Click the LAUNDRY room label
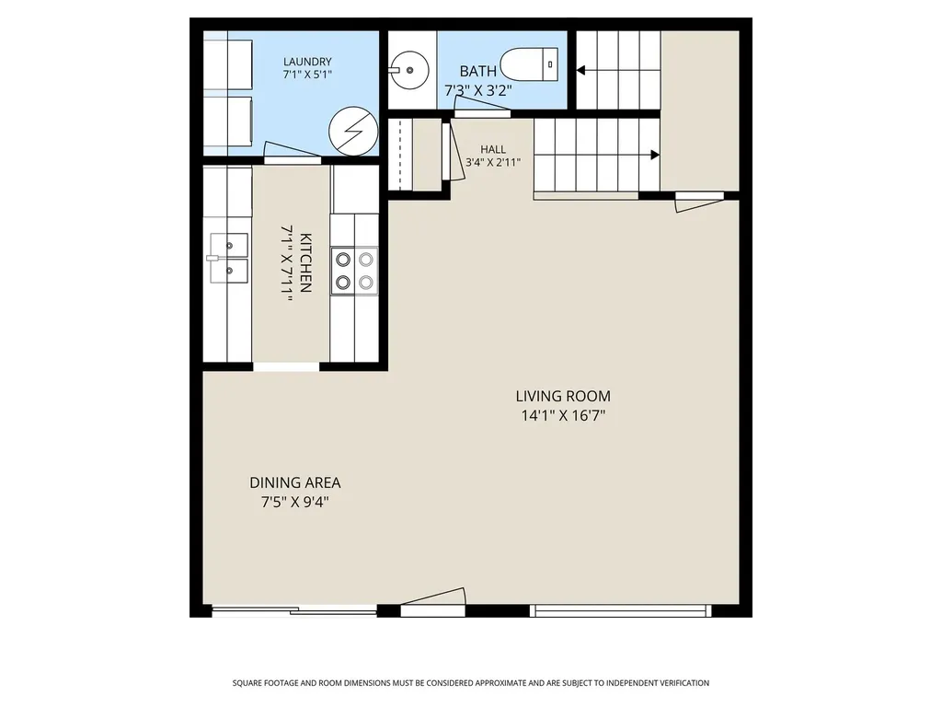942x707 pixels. pos(307,62)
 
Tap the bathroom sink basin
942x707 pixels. pos(409,70)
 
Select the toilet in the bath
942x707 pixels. pos(530,64)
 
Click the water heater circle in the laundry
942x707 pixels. pos(353,131)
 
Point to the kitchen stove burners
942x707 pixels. pos(354,271)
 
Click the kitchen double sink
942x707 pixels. pos(228,258)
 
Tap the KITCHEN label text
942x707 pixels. pos(305,262)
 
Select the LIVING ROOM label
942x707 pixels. pos(563,396)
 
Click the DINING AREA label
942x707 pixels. pos(295,482)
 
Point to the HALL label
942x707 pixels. pos(493,149)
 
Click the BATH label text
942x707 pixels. pos(478,71)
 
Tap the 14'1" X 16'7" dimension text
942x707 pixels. pos(563,415)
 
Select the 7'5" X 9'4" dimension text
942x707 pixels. pos(295,502)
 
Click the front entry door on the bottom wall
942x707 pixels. pos(432,601)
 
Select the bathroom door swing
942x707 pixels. pos(482,107)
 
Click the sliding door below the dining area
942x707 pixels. pos(294,611)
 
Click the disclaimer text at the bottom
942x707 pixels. pos(470,683)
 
